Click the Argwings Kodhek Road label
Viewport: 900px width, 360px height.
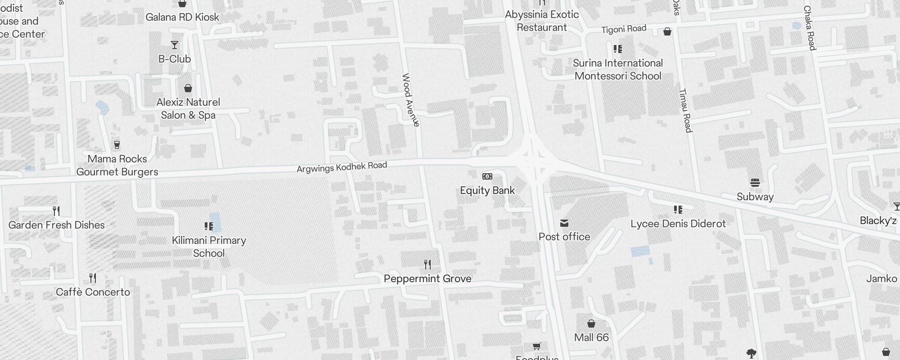pos(342,167)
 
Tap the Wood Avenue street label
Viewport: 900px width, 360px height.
pos(410,100)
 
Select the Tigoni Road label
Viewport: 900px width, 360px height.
pos(624,29)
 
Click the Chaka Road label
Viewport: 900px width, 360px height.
pos(810,28)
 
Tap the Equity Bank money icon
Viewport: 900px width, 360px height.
pos(487,176)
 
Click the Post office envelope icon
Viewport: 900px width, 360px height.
pos(564,223)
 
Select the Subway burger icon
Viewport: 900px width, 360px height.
pos(755,183)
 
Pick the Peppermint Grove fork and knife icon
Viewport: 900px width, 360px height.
pos(427,265)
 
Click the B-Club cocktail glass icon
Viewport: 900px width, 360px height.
pos(175,45)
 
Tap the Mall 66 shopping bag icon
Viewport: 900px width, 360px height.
pos(591,324)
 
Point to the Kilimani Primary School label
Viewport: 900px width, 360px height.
pos(209,247)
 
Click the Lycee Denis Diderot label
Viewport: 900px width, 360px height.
pos(678,224)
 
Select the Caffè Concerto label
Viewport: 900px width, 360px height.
pos(93,292)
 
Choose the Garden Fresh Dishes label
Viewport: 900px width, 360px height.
pos(57,225)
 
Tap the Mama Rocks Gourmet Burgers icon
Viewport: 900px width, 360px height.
pos(117,145)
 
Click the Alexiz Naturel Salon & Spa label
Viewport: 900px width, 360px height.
pos(188,108)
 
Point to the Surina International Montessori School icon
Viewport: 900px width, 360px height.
pos(618,49)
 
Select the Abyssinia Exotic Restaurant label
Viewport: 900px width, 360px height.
pos(542,21)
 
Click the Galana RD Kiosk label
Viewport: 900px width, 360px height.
pos(182,17)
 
